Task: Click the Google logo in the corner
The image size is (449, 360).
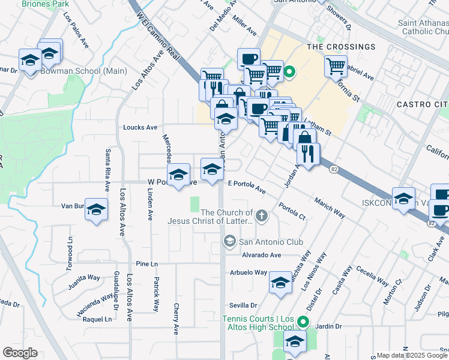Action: click(x=19, y=353)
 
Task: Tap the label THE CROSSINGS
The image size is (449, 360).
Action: click(x=341, y=47)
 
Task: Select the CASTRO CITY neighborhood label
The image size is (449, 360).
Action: click(x=422, y=104)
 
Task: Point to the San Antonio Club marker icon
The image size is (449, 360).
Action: click(x=229, y=241)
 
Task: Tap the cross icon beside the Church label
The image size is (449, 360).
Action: click(x=261, y=215)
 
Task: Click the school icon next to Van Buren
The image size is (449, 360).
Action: click(x=96, y=209)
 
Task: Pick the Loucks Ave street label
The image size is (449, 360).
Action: click(x=140, y=127)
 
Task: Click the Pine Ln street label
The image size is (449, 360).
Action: click(x=146, y=263)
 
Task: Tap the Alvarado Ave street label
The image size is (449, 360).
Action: click(x=262, y=254)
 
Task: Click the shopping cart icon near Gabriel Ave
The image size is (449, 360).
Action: click(x=336, y=65)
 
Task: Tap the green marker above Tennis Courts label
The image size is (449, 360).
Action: click(x=303, y=321)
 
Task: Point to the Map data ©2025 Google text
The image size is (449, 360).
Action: click(x=412, y=355)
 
